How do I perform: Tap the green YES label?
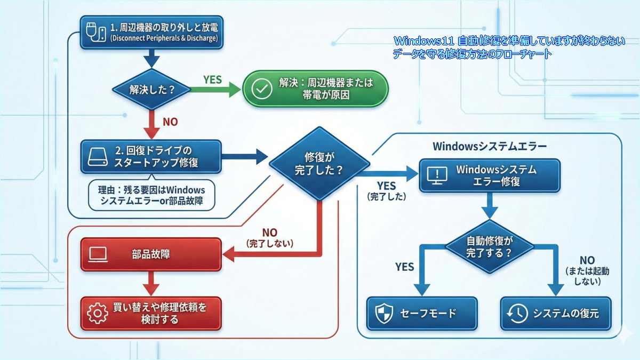(x=213, y=79)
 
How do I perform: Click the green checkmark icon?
(x=261, y=89)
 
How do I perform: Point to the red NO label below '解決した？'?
(x=170, y=122)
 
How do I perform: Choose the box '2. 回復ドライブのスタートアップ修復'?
(x=150, y=156)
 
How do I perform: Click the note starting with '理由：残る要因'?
(x=152, y=196)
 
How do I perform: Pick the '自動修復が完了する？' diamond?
(x=489, y=246)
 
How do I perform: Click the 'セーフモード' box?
(x=422, y=314)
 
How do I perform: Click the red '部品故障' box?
(x=150, y=254)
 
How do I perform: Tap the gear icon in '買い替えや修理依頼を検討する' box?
(x=97, y=314)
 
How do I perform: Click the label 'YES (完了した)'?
(x=387, y=190)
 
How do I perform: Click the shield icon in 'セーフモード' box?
(x=384, y=314)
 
